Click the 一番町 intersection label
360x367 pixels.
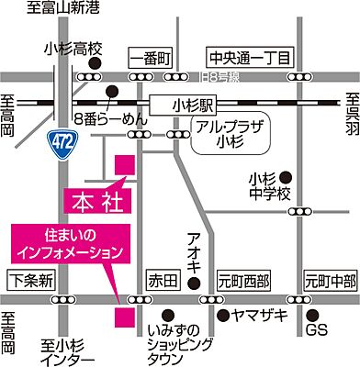152,58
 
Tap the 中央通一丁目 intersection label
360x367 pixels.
249,58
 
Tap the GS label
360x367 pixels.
317,328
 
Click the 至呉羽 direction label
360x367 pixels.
351,112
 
